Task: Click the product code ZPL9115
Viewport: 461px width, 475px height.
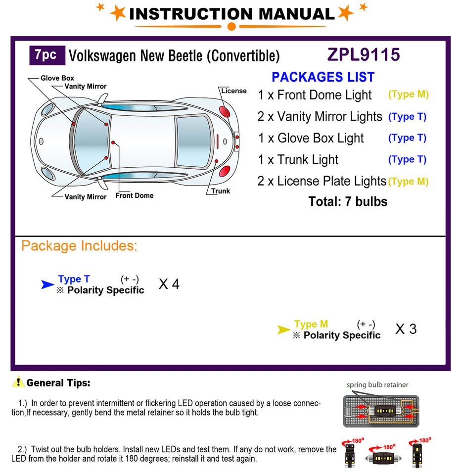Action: coord(363,54)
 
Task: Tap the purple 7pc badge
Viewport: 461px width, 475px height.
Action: coord(46,55)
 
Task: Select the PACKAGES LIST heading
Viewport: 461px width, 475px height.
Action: coord(323,77)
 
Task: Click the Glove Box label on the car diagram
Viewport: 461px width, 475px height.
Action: coord(57,78)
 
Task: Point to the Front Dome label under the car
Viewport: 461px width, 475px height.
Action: coord(135,195)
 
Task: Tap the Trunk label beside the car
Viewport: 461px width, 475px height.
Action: coord(220,191)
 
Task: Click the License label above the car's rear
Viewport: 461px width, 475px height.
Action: coord(233,91)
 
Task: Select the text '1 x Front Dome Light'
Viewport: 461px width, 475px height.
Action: coord(315,95)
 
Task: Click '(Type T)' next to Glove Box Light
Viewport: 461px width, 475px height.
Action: coord(407,138)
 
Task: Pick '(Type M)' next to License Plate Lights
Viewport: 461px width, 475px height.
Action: coord(408,182)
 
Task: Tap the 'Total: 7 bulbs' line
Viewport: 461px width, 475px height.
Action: coord(348,201)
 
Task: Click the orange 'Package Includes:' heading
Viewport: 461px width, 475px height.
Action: coord(79,246)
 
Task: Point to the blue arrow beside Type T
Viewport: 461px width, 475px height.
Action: coord(47,284)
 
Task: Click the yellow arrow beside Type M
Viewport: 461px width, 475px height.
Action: coord(283,329)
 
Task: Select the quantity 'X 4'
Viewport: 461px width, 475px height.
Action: coord(169,285)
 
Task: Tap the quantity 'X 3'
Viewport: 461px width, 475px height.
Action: coord(406,329)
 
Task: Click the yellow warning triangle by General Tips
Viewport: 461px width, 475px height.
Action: coord(18,382)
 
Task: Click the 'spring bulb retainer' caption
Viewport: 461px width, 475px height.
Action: coord(377,384)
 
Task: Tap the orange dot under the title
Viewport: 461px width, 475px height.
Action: coord(231,26)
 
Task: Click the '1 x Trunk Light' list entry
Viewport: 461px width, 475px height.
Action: coord(298,160)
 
